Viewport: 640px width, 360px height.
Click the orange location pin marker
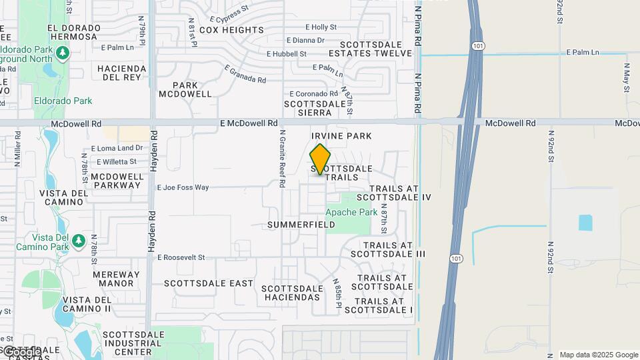tap(320, 159)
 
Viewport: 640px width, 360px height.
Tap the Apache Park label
tap(351, 212)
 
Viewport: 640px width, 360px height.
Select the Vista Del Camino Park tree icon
tap(78, 239)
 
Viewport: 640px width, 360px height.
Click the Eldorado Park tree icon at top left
tap(63, 52)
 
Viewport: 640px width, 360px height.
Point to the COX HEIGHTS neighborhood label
tap(231, 30)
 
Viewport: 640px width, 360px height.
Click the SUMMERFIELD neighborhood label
tap(301, 225)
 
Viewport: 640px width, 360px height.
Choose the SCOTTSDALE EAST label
tap(209, 283)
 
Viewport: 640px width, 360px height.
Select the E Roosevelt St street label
tap(181, 257)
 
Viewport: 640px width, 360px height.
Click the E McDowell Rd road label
tap(249, 123)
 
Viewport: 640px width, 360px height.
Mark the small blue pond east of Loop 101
tap(585, 223)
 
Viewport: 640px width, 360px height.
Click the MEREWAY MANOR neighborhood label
tap(117, 279)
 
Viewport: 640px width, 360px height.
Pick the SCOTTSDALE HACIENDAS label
tap(293, 293)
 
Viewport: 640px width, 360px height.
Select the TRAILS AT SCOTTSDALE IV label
tap(394, 193)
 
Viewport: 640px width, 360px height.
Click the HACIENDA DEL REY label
tap(121, 73)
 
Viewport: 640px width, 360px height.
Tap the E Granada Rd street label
tap(245, 74)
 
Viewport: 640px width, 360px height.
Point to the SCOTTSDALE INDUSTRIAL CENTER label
tap(133, 343)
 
